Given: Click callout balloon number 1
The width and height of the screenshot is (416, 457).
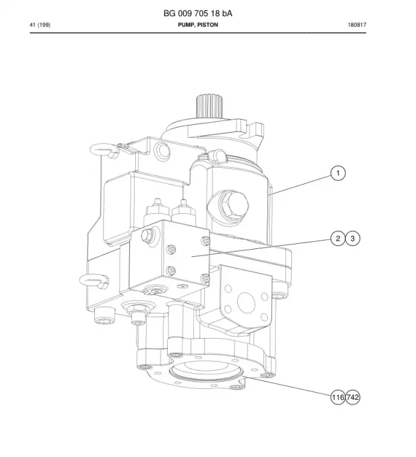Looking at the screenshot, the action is (338, 173).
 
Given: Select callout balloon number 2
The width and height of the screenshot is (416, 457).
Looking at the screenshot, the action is (338, 239).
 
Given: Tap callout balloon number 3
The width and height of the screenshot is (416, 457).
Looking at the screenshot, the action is (352, 239).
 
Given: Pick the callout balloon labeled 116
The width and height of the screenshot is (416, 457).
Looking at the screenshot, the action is (338, 397).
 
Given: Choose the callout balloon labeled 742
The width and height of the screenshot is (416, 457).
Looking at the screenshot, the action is (352, 397).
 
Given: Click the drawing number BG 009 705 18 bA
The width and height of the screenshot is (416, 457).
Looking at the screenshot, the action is (198, 14).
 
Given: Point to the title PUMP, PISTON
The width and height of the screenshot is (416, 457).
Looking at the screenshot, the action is (198, 25).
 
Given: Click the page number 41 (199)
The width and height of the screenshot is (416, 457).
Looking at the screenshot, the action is (40, 25).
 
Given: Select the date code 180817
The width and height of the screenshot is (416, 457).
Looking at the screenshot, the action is (357, 25).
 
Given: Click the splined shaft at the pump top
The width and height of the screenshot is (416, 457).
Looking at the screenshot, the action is (210, 106).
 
